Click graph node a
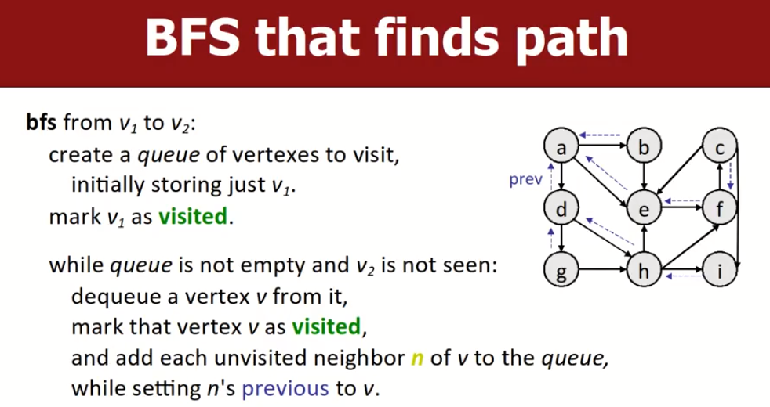561,146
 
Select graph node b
644,146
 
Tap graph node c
720,146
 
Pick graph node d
561,208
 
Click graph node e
644,208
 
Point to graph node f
720,208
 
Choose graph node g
561,270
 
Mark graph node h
644,270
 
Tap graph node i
720,270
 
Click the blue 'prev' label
525,180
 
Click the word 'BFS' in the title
193,38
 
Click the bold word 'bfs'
41,122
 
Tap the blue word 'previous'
285,388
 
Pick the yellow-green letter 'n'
417,359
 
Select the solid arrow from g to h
602,270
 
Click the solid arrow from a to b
602,146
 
